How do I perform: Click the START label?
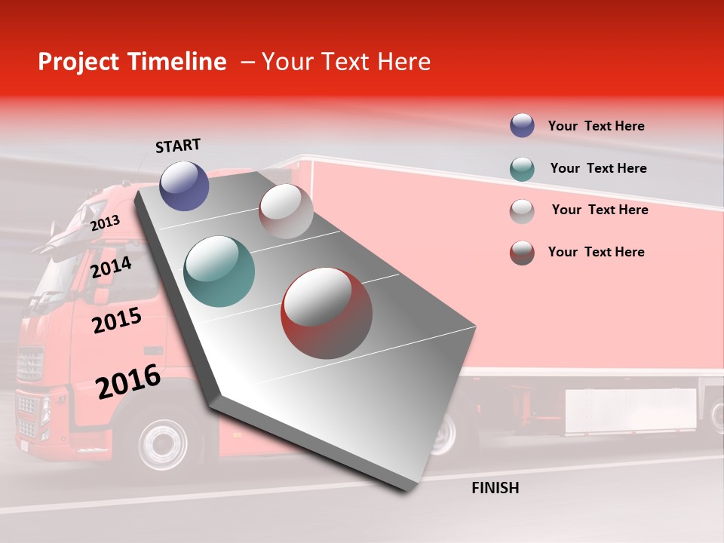(x=178, y=146)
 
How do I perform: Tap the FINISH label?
(x=495, y=488)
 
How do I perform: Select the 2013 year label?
(x=105, y=222)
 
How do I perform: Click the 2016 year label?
(x=128, y=382)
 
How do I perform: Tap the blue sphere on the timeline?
(x=184, y=186)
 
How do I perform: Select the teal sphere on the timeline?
(x=219, y=271)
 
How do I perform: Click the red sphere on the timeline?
(x=327, y=313)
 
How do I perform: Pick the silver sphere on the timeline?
(x=286, y=211)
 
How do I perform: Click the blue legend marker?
(x=522, y=126)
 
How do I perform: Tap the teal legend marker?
(x=522, y=168)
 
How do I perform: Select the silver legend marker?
(x=522, y=210)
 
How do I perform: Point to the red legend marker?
(x=522, y=253)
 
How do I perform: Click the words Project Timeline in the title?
(x=132, y=62)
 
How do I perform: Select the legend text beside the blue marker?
(x=596, y=126)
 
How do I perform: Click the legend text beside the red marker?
(x=596, y=252)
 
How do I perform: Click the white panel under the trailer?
(x=630, y=411)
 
